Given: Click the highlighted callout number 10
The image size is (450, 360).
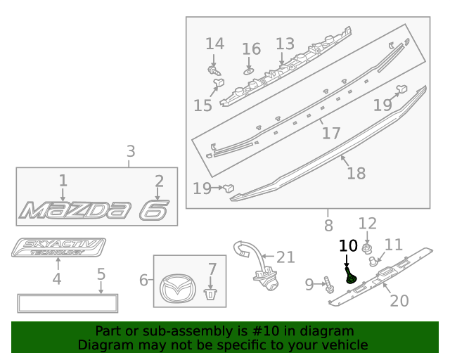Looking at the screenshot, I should (x=348, y=245).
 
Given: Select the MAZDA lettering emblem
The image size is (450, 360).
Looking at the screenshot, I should (x=76, y=209).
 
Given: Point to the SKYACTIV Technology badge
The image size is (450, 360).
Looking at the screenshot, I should (x=58, y=248).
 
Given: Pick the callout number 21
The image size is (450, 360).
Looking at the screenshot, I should (x=285, y=257).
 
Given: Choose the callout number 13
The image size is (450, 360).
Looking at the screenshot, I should (x=285, y=44).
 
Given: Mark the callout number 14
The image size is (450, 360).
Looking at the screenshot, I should (x=214, y=44).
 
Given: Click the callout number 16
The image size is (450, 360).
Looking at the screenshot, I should (x=251, y=49).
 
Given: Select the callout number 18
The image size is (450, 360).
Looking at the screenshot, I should (x=356, y=173).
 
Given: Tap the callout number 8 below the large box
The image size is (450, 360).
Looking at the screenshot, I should (x=328, y=226).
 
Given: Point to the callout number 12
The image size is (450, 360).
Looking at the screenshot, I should (x=368, y=224).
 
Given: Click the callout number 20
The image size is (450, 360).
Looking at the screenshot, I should (x=399, y=300).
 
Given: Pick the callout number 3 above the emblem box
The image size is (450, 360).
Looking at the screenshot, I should (x=131, y=151).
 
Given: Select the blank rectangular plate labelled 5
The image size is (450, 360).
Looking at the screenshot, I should (x=68, y=303).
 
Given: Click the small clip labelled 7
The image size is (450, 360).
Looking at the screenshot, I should (x=209, y=293).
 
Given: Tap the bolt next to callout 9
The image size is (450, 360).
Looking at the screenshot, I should (x=329, y=285).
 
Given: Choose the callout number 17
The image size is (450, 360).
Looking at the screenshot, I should (x=330, y=132).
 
